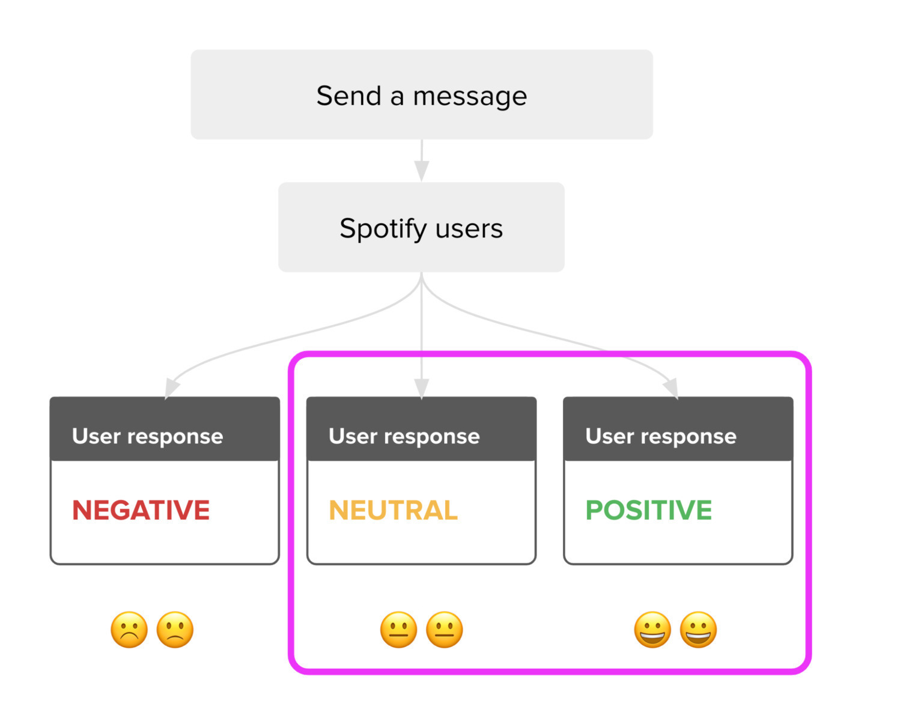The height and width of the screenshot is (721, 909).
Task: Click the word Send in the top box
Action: click(349, 96)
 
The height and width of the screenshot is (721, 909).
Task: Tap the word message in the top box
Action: click(470, 98)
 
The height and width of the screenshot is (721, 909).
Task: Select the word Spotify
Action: click(383, 229)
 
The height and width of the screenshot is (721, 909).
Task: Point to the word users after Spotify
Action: click(469, 230)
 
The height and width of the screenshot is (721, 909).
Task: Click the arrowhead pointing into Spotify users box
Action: click(422, 171)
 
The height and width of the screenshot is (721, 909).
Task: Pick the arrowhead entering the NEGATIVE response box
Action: click(171, 388)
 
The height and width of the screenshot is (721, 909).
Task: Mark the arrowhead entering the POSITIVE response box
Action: click(672, 388)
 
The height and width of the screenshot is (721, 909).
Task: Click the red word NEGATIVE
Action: click(141, 510)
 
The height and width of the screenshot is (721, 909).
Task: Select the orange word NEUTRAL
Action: click(393, 510)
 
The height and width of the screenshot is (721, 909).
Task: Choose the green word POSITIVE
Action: click(648, 510)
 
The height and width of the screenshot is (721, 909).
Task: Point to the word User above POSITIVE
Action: click(610, 436)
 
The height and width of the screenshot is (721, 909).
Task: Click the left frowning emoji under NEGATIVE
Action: click(129, 629)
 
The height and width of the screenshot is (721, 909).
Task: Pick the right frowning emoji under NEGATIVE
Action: click(175, 629)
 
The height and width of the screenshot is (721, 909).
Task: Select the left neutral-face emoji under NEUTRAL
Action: click(399, 629)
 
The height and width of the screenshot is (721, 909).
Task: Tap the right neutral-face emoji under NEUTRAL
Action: click(445, 629)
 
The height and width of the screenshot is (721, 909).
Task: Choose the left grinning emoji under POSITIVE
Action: click(652, 629)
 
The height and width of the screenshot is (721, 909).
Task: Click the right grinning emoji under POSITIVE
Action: click(698, 629)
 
